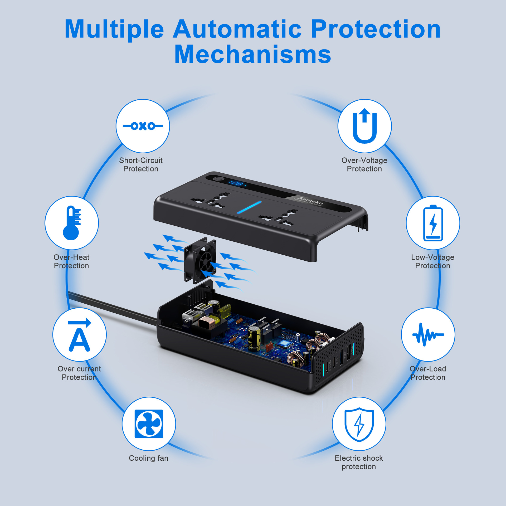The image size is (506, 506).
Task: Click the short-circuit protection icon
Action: click(x=143, y=126)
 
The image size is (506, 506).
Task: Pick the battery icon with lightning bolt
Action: click(x=433, y=223)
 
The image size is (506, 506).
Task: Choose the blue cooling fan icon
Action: click(x=149, y=424)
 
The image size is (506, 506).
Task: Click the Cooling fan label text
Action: click(x=148, y=458)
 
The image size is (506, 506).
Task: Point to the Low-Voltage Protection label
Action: click(x=432, y=261)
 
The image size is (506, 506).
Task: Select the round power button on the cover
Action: click(x=218, y=179)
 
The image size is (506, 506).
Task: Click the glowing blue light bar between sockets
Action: click(x=249, y=207)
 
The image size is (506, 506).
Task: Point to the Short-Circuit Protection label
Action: click(x=141, y=164)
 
